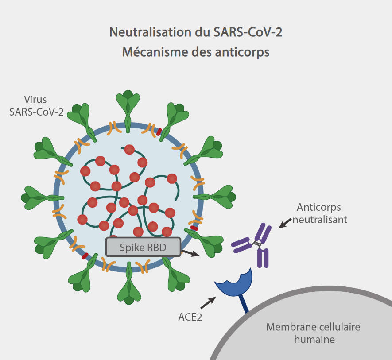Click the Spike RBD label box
143,247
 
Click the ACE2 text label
188,317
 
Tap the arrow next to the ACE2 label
208,302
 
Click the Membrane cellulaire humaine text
314,333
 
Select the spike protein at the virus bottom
129,286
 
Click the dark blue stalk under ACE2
245,306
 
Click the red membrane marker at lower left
85,256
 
